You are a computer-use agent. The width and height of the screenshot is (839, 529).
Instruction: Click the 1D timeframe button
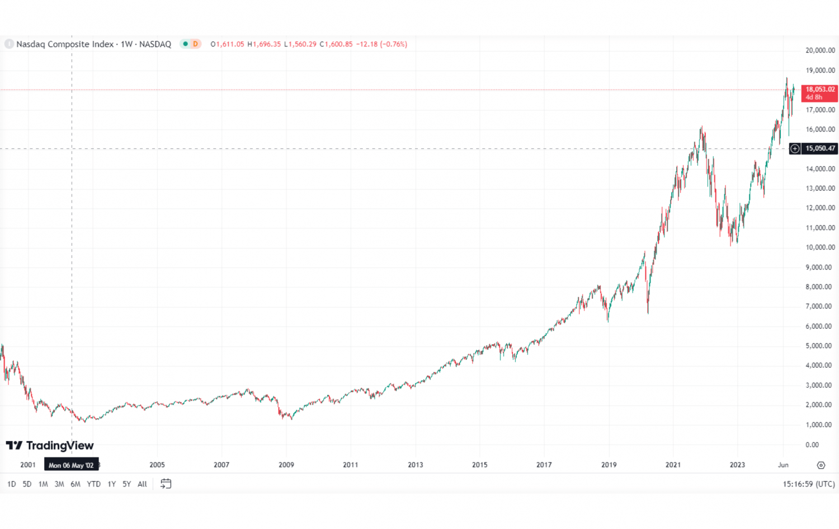(11, 484)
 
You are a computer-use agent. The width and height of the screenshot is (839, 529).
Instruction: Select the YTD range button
(93, 484)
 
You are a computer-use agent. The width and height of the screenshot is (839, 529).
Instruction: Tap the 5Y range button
(126, 484)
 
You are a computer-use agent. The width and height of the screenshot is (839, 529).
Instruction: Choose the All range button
(142, 484)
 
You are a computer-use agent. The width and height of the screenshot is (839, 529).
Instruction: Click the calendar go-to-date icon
(166, 484)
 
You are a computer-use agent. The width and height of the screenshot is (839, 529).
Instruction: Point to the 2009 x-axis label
(286, 465)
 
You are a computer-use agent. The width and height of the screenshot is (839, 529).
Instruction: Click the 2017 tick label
(544, 465)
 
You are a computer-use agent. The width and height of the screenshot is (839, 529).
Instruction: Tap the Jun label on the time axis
(783, 465)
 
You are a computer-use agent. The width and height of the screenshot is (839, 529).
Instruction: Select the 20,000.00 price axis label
(820, 50)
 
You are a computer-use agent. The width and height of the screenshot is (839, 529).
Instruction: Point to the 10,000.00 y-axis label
(820, 247)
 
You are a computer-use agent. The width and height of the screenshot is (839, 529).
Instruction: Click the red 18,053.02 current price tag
(819, 93)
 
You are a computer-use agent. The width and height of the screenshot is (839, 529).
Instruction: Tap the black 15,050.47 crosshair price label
(820, 148)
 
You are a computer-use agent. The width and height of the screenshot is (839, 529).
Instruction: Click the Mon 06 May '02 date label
(71, 465)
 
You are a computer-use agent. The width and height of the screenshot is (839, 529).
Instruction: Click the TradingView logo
(50, 446)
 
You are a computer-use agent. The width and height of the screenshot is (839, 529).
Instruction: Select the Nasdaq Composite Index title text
(65, 44)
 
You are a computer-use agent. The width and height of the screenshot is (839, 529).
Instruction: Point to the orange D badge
(195, 44)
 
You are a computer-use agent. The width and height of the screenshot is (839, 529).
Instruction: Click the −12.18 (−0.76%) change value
(381, 44)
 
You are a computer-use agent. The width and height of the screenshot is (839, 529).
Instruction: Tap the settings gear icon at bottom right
(821, 465)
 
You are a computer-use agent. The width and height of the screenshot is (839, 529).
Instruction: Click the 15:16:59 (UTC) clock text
(808, 484)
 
